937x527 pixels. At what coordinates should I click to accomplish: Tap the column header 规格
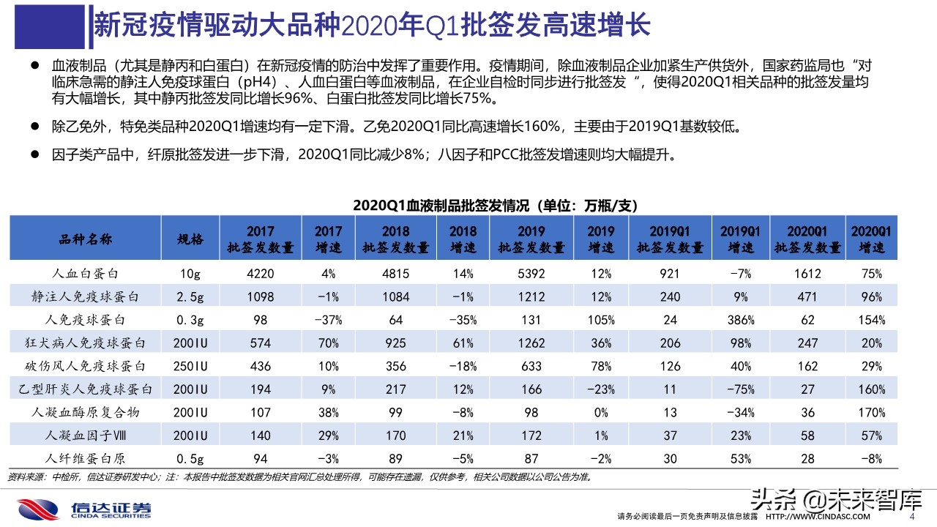pos(191,239)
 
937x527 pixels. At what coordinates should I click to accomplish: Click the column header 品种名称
pos(85,239)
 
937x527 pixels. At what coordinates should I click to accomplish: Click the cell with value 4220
pos(261,274)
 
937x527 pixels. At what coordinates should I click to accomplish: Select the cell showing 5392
pos(531,274)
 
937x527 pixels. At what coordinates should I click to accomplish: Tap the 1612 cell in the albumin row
pos(807,274)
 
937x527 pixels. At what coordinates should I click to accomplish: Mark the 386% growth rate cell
pos(740,320)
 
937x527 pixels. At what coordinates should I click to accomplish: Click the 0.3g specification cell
pos(191,320)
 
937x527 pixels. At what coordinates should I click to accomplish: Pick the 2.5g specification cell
pos(191,297)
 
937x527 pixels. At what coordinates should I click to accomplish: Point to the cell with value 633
pos(531,366)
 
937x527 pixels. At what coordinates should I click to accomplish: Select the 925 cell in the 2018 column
pos(396,343)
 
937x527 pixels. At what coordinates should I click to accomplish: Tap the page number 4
pos(911,517)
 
